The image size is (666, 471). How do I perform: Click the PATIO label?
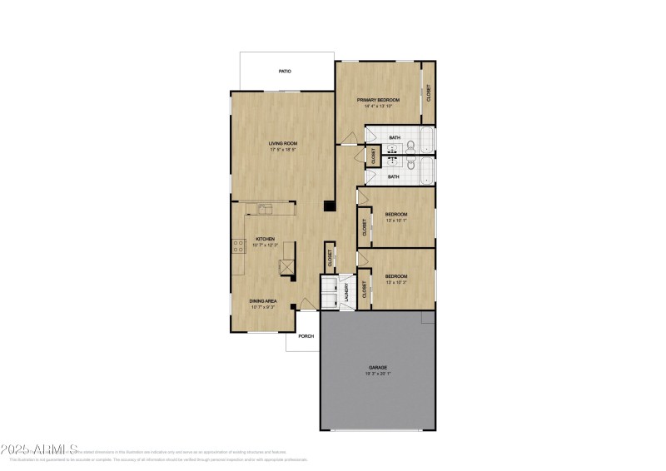pyautogui.click(x=285, y=72)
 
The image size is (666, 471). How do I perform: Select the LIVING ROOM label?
pyautogui.click(x=282, y=143)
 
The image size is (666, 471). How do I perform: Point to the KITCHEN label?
pyautogui.click(x=265, y=239)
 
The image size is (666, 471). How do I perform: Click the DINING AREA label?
pyautogui.click(x=262, y=300)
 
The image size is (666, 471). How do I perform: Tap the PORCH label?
pyautogui.click(x=306, y=336)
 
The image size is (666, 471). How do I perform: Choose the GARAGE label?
pyautogui.click(x=378, y=367)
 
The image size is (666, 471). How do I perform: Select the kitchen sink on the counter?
pyautogui.click(x=266, y=209)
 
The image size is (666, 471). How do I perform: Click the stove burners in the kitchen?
pyautogui.click(x=236, y=246)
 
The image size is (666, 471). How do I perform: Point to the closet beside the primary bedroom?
pyautogui.click(x=428, y=92)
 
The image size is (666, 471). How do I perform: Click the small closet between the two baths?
pyautogui.click(x=374, y=155)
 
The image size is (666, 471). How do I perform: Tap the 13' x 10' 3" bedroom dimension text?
pyautogui.click(x=396, y=283)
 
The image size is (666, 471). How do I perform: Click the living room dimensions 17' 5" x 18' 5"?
pyautogui.click(x=282, y=150)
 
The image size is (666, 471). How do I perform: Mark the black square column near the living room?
pyautogui.click(x=331, y=208)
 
